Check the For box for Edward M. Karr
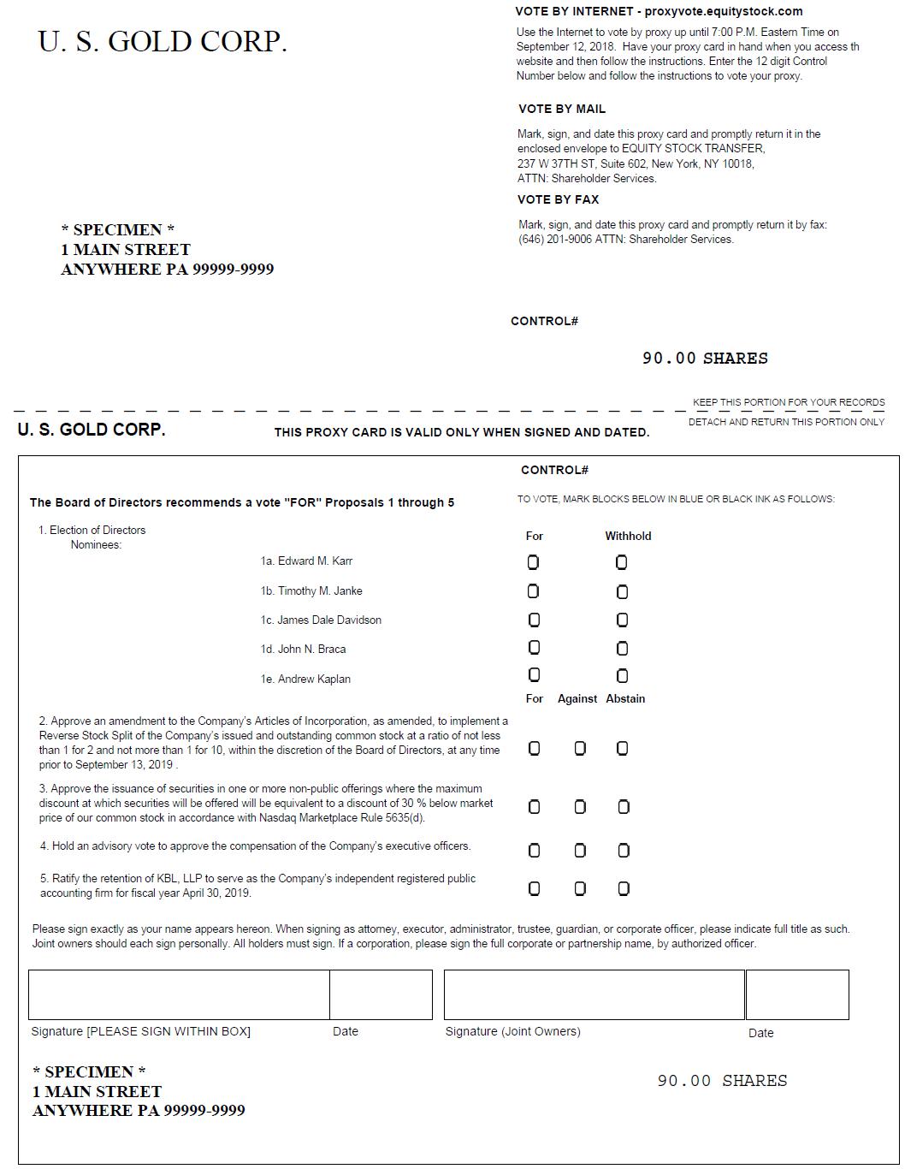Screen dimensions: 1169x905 (533, 562)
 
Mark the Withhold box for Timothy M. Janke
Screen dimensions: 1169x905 (622, 591)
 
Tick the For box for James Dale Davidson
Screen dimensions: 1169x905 (534, 620)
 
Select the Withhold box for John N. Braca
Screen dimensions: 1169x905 (622, 649)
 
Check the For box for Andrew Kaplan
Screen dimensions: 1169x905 (534, 675)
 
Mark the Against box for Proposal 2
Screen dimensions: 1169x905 (580, 749)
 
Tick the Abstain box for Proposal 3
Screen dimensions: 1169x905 (623, 807)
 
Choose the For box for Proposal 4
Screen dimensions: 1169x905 (534, 851)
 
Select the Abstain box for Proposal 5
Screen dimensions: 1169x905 (623, 889)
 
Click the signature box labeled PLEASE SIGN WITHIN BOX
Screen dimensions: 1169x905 (179, 994)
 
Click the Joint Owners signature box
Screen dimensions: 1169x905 (594, 994)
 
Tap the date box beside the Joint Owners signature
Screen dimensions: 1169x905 (797, 994)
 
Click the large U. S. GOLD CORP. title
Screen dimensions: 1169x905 (163, 42)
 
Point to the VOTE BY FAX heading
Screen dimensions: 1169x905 (558, 199)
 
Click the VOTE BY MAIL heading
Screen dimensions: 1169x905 (561, 109)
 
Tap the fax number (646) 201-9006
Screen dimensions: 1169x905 (554, 240)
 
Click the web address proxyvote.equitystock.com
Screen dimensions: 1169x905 (724, 11)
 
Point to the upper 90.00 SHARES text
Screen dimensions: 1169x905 (705, 359)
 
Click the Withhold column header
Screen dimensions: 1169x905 (628, 536)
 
